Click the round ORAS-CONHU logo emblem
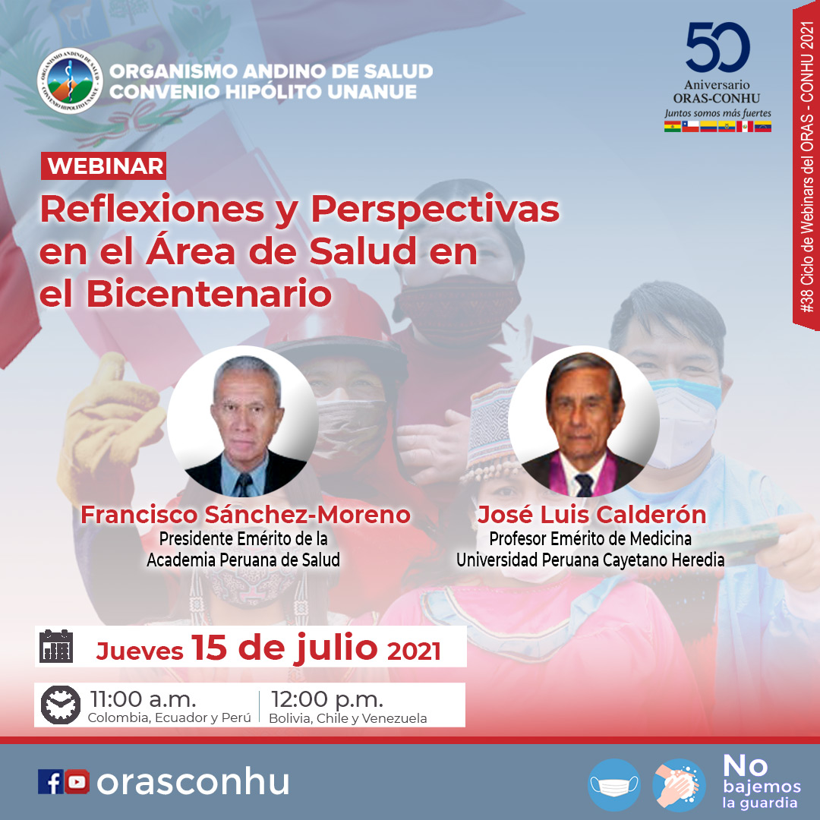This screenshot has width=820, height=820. click(x=70, y=81)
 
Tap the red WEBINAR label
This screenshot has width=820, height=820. click(x=103, y=166)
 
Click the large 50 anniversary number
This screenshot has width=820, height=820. click(x=717, y=47)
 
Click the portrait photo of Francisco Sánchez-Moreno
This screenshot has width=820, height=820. click(x=243, y=421)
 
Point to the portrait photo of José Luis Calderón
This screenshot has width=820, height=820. click(x=583, y=421)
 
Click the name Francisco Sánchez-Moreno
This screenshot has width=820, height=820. click(x=245, y=515)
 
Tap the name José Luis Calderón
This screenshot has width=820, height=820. click(x=591, y=515)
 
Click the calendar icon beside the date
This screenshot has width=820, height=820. click(x=56, y=646)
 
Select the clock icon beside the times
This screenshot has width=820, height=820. click(x=61, y=705)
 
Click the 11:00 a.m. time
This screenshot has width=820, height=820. click(x=143, y=699)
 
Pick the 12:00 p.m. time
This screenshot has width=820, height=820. click(x=326, y=699)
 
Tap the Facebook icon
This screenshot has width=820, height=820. click(x=51, y=782)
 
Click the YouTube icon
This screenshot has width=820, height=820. click(x=77, y=782)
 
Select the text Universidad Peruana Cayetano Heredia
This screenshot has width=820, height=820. click(x=591, y=560)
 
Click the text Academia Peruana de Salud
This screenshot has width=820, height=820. click(x=243, y=560)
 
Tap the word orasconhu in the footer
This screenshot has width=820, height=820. click(x=193, y=782)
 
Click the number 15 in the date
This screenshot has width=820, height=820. click(x=210, y=648)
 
